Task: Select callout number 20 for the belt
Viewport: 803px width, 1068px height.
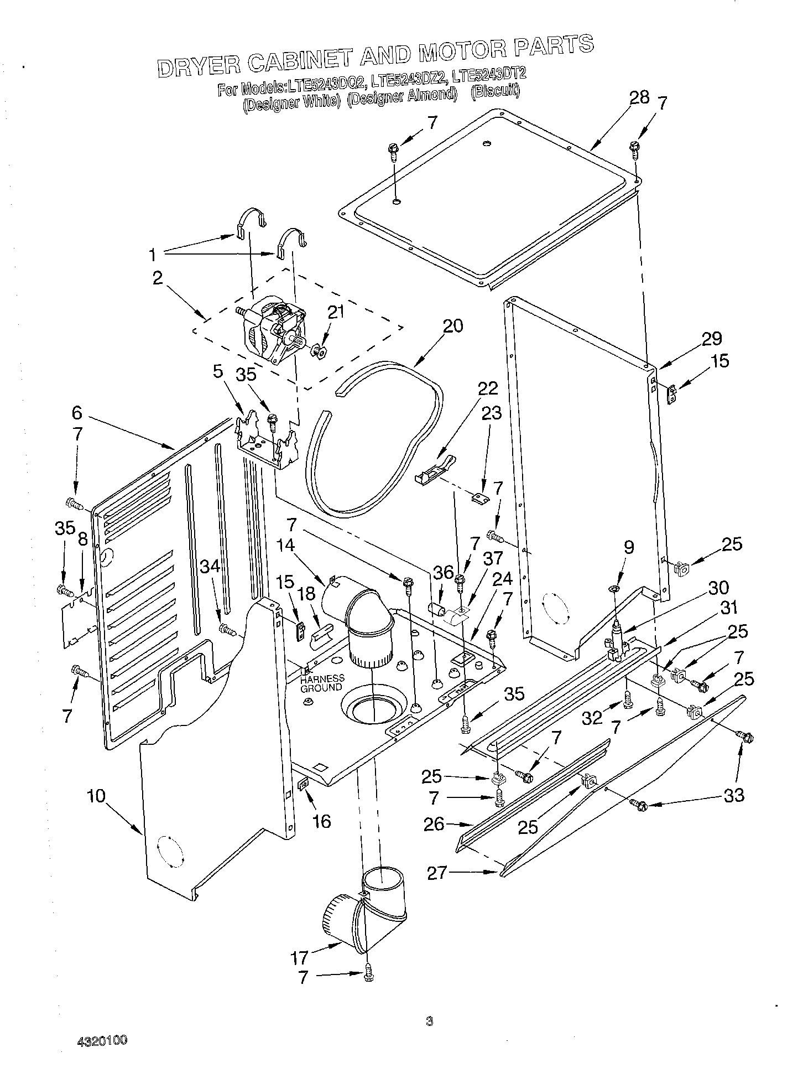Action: tap(452, 326)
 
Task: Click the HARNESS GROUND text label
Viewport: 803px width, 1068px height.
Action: tap(322, 683)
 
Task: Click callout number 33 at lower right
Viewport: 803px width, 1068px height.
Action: tap(733, 796)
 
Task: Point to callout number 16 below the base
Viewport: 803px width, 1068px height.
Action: tap(321, 821)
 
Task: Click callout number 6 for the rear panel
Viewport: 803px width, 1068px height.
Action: tap(77, 412)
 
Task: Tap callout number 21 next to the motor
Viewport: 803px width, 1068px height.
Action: tap(336, 312)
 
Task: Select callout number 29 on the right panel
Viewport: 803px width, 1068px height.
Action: tap(712, 339)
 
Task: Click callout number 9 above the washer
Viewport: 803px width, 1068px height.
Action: tap(628, 548)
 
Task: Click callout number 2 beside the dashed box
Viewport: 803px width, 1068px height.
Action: tap(158, 278)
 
